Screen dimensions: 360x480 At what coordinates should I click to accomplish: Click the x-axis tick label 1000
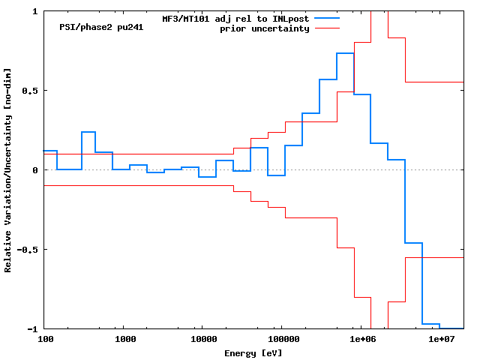click(x=125, y=340)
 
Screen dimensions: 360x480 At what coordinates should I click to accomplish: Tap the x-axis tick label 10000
click(x=201, y=340)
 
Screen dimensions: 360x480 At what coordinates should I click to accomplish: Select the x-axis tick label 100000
click(x=280, y=340)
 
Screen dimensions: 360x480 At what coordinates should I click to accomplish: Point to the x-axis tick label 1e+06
click(x=361, y=340)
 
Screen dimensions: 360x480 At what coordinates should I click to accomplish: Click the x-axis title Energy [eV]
click(x=253, y=352)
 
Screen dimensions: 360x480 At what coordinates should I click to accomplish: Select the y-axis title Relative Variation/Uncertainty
click(x=8, y=170)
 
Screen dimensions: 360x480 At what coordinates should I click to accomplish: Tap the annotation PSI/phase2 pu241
click(x=101, y=27)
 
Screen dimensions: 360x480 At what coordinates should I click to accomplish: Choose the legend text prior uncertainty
click(x=264, y=28)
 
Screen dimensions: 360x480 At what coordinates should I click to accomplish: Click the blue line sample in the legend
click(x=327, y=17)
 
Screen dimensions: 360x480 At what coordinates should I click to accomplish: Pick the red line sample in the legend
click(x=327, y=28)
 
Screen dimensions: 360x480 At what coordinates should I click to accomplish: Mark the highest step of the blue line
click(x=345, y=53)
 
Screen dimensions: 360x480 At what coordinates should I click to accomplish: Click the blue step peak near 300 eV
click(x=88, y=132)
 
